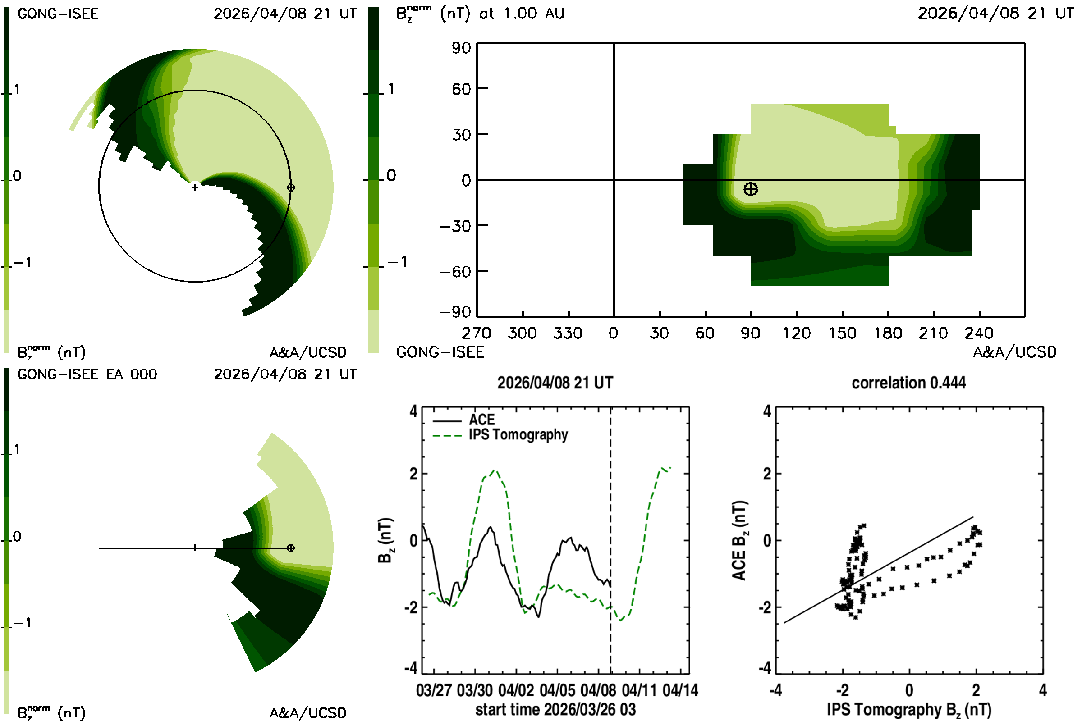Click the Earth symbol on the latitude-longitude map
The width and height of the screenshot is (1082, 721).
(750, 189)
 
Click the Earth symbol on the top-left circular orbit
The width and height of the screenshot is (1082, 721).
(290, 187)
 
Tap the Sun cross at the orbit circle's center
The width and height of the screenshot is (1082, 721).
(195, 187)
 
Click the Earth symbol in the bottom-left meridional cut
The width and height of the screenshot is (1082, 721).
(290, 548)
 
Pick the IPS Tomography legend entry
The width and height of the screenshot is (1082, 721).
(500, 435)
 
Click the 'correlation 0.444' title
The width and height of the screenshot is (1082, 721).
(908, 383)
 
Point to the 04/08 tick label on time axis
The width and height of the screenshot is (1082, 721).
(598, 690)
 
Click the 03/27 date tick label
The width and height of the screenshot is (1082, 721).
(434, 690)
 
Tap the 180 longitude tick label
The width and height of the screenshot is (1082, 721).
(888, 333)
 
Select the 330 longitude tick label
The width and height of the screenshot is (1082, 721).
(568, 333)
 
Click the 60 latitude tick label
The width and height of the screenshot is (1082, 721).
(461, 89)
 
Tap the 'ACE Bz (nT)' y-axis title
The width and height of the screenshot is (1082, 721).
(739, 540)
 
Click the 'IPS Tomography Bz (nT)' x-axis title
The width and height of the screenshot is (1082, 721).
(909, 710)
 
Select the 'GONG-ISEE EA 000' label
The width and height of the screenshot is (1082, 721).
(87, 374)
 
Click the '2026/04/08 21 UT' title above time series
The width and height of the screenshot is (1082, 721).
(555, 383)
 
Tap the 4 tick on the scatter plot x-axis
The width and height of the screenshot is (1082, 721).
(1043, 690)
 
